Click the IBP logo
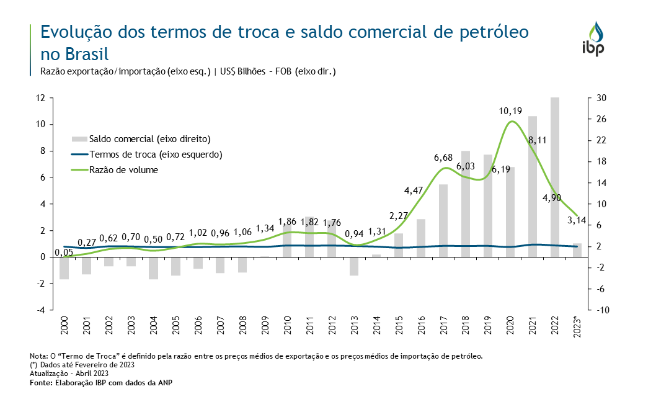[598, 39]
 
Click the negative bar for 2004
[153, 268]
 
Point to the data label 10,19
[510, 111]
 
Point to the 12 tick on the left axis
[40, 98]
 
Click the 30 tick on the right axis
[601, 98]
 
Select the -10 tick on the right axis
[602, 310]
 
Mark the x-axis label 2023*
[577, 327]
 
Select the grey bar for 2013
[354, 266]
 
